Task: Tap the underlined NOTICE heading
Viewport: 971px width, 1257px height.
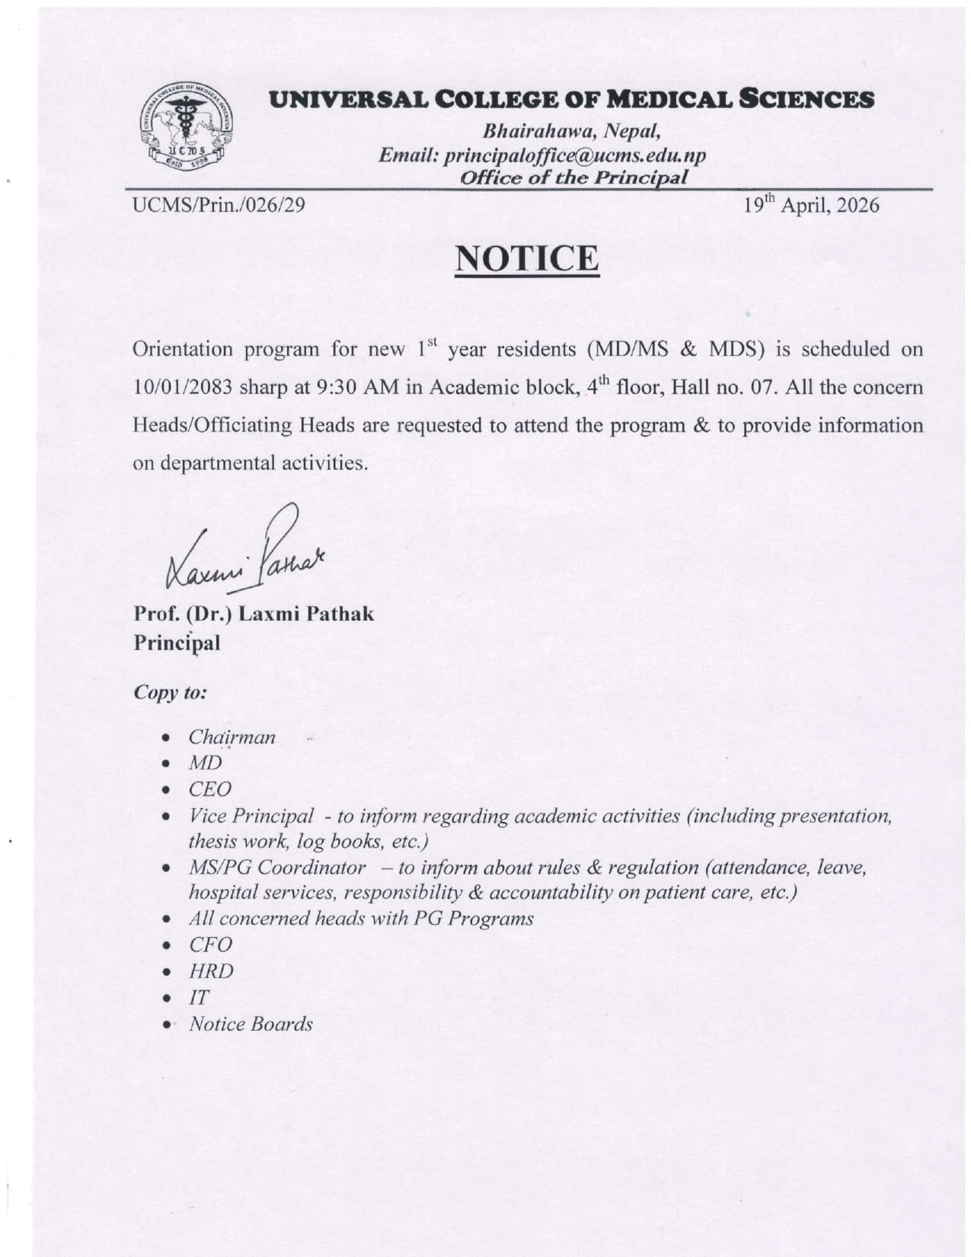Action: [x=526, y=258]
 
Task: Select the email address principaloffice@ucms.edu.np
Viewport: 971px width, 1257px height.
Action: [x=575, y=155]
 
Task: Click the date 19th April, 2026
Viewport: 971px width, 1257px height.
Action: [x=812, y=205]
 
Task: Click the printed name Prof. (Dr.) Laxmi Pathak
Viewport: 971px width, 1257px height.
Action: [x=254, y=614]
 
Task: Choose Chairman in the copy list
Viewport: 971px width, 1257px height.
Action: [x=232, y=737]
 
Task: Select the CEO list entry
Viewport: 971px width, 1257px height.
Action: [x=209, y=789]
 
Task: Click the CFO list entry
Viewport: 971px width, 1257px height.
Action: [x=210, y=945]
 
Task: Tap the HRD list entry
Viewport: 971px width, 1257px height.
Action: [x=212, y=971]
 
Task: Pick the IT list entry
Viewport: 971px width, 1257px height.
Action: [x=199, y=997]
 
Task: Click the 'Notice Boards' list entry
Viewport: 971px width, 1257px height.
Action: [x=251, y=1024]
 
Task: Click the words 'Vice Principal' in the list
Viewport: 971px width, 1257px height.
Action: [x=251, y=816]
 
